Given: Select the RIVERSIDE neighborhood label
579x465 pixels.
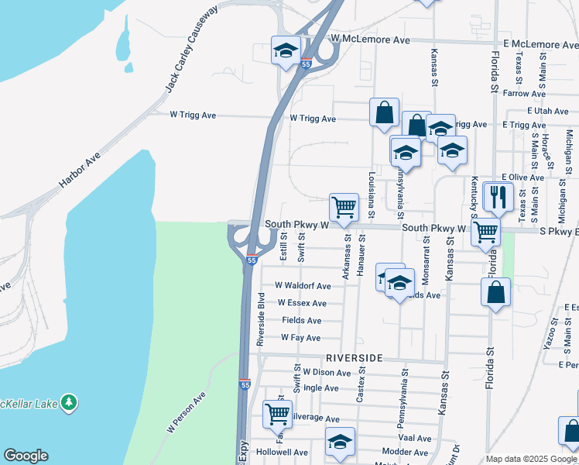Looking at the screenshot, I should tap(355, 358).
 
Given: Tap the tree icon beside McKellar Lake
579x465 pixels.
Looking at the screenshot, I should tap(70, 402).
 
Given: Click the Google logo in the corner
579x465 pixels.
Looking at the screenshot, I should tap(26, 456).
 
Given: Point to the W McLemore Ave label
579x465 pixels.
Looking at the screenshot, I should tap(369, 38).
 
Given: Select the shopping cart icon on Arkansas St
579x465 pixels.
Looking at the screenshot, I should tap(344, 207).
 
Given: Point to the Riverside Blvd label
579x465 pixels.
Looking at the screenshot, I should tap(262, 319).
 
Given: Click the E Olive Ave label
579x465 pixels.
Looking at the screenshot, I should tap(524, 177).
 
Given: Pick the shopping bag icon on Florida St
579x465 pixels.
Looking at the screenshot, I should tap(495, 292).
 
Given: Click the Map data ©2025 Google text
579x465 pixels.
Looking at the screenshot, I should tap(530, 460).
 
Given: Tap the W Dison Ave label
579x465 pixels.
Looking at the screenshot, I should tap(327, 372).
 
